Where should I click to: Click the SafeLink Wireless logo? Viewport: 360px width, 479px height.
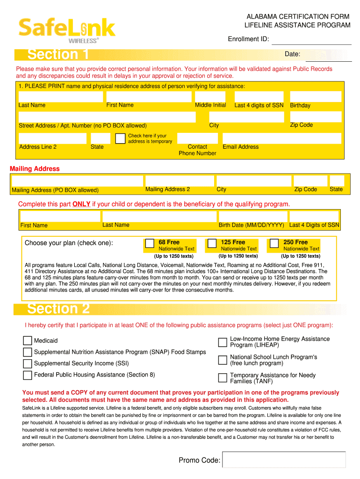click(66, 29)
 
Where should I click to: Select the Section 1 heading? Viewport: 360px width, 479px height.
click(58, 55)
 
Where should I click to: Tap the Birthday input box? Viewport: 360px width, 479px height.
click(316, 96)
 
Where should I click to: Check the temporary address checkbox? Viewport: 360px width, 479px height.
click(120, 138)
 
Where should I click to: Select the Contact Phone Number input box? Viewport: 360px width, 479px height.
click(198, 138)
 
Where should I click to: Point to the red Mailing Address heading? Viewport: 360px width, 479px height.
click(35, 168)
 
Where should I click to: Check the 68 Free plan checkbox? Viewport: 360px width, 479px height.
click(150, 243)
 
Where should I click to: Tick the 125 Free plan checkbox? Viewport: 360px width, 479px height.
click(212, 243)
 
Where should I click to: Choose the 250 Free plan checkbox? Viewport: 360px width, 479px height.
click(274, 243)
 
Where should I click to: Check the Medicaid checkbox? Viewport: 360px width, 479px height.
click(28, 341)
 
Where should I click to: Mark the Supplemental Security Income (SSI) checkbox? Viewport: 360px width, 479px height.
click(28, 363)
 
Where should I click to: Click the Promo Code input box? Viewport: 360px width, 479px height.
click(284, 459)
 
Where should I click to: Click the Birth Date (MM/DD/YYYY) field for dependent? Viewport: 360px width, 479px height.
click(251, 216)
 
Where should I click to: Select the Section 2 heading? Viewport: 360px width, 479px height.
click(58, 309)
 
